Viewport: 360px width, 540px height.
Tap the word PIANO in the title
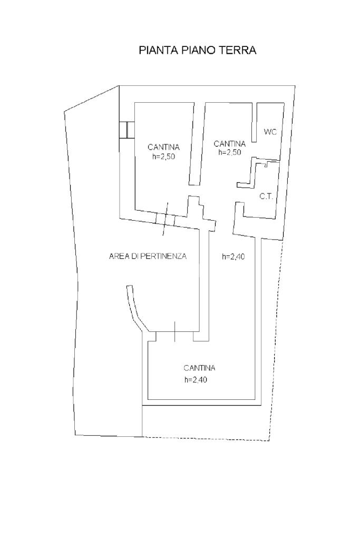tap(196, 51)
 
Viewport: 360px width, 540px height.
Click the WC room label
tap(270, 132)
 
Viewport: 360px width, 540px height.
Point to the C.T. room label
tap(266, 197)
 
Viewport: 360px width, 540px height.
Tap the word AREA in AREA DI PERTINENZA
tap(118, 257)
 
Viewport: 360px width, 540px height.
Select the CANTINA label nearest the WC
tap(230, 143)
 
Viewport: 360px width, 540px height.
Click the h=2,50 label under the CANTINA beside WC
tap(230, 152)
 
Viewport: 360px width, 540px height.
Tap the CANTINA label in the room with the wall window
tap(163, 147)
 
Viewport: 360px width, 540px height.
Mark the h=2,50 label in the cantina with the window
tap(163, 156)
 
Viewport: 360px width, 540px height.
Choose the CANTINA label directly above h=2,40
tap(199, 368)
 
